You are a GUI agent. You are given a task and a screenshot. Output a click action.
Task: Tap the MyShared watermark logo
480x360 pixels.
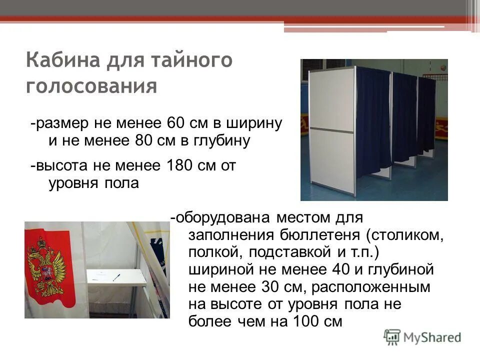tap(422, 337)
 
